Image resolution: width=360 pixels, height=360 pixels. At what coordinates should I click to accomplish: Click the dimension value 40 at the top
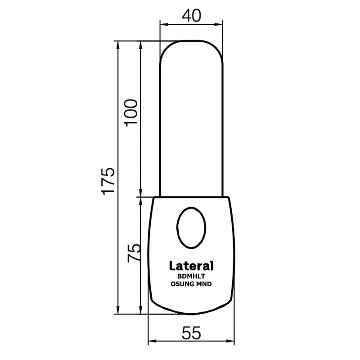pyautogui.click(x=192, y=16)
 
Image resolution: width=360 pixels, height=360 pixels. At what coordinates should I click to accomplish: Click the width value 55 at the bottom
pyautogui.click(x=192, y=333)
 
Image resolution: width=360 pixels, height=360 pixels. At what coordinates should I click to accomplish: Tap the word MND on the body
pyautogui.click(x=205, y=284)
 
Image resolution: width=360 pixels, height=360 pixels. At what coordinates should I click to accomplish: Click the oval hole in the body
pyautogui.click(x=192, y=228)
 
